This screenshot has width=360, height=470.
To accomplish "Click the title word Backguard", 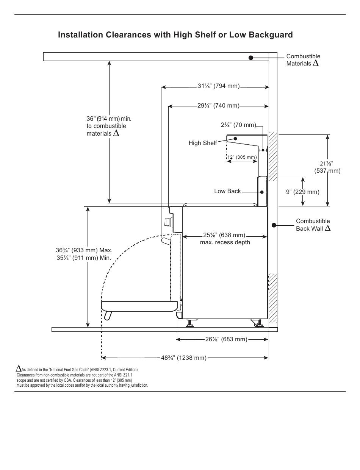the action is pyautogui.click(x=271, y=34).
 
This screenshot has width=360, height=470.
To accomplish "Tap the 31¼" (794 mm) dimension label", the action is pyautogui.click(x=219, y=86).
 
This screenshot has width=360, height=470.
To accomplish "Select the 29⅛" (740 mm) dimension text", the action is pyautogui.click(x=218, y=106).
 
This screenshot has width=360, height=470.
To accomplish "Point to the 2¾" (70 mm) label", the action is pyautogui.click(x=238, y=125).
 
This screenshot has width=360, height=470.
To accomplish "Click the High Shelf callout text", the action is pyautogui.click(x=202, y=143).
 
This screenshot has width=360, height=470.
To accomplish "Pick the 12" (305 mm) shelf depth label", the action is pyautogui.click(x=242, y=157).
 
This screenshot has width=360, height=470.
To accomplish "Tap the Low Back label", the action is pyautogui.click(x=227, y=191).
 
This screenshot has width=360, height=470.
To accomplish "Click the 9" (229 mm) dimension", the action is pyautogui.click(x=302, y=192).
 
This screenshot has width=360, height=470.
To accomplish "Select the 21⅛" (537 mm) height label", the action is pyautogui.click(x=327, y=167).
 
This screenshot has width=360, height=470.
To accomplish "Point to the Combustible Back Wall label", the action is pyautogui.click(x=313, y=225).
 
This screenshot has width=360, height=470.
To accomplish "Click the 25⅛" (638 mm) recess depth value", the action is pyautogui.click(x=224, y=235).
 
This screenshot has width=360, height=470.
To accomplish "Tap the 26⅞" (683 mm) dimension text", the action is pyautogui.click(x=226, y=339).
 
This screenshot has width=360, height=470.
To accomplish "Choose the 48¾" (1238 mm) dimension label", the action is pyautogui.click(x=183, y=358).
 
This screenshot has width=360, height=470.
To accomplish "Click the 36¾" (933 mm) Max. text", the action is pyautogui.click(x=84, y=250).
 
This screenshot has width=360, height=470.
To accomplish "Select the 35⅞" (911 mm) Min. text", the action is pyautogui.click(x=84, y=258).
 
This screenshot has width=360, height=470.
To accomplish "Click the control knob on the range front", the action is pyautogui.click(x=167, y=222).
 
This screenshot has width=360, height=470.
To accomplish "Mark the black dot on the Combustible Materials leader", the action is pyautogui.click(x=250, y=58).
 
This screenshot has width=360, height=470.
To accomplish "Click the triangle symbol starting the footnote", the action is pyautogui.click(x=19, y=369).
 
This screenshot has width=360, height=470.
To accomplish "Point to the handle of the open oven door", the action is pyautogui.click(x=108, y=316).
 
